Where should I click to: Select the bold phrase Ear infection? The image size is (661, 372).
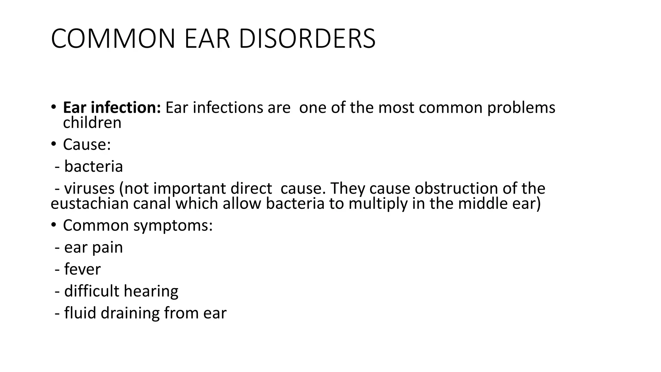click(112, 108)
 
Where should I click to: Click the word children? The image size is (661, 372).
click(92, 123)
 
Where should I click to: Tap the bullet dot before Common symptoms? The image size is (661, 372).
click(54, 225)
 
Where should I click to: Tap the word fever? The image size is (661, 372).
click(82, 269)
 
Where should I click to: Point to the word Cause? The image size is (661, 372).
click(87, 144)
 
